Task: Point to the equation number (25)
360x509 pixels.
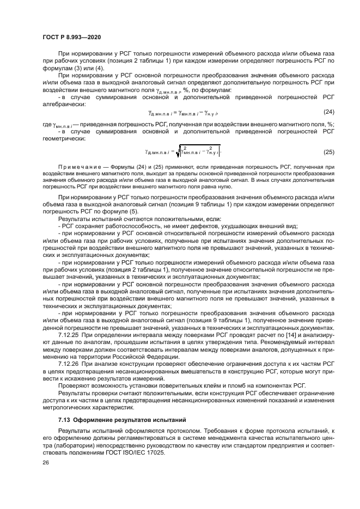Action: [x=328, y=151]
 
